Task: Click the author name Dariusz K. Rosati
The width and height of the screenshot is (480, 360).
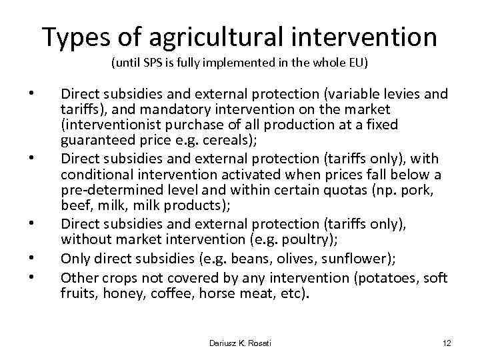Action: pyautogui.click(x=240, y=343)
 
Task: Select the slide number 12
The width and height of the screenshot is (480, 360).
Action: pyautogui.click(x=447, y=343)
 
